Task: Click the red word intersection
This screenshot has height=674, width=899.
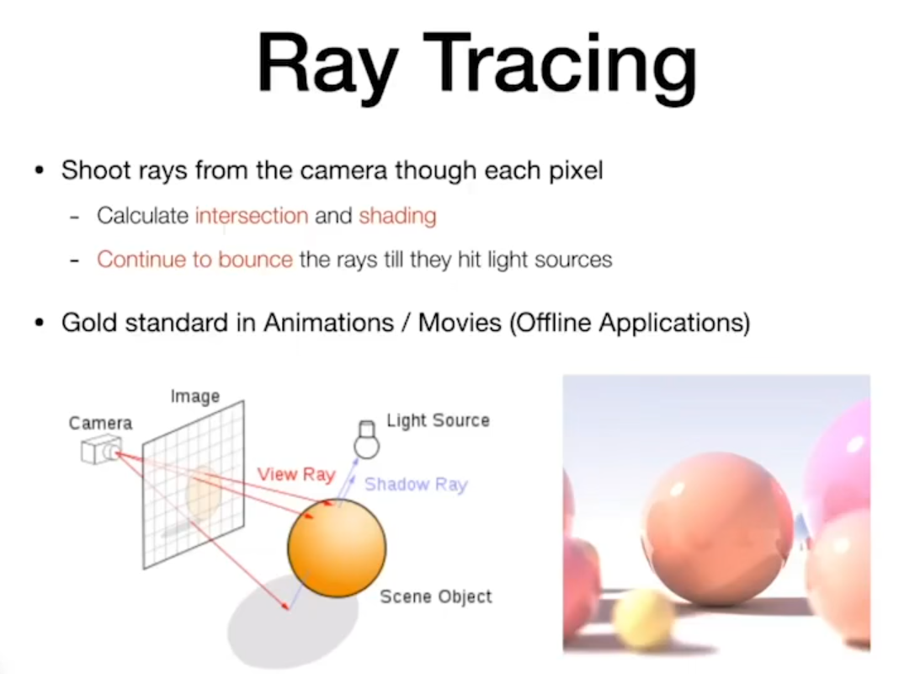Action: click(252, 216)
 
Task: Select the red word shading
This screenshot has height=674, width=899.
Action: click(397, 217)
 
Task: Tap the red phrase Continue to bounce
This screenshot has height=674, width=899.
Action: click(195, 259)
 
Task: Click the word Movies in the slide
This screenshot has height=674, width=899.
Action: click(460, 323)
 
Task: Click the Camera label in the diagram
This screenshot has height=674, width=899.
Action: click(100, 423)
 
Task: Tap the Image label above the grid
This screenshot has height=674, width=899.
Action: click(195, 396)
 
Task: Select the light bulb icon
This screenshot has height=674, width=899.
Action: click(366, 440)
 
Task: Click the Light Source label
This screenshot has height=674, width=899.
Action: click(438, 420)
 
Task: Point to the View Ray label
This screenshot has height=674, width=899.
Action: click(295, 474)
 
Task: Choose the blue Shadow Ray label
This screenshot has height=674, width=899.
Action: click(416, 484)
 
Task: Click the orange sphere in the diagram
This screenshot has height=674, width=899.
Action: click(337, 548)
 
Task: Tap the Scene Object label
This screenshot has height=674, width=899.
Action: click(436, 596)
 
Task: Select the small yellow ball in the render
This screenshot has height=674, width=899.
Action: click(642, 618)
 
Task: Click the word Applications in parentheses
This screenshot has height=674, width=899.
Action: click(674, 323)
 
